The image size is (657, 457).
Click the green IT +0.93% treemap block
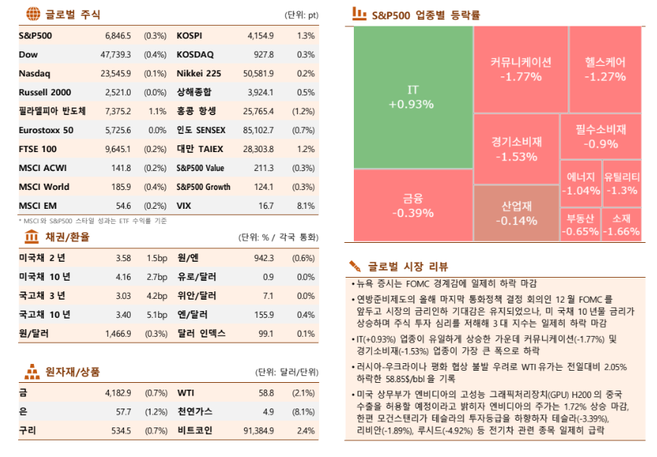point(413,97)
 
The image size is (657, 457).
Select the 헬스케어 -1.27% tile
point(605,69)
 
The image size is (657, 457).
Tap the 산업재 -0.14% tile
point(517,213)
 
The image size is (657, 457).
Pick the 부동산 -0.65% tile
point(581,225)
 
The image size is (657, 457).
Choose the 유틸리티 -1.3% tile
point(622,183)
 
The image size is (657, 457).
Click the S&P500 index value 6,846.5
point(118,36)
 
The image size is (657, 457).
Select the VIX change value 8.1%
point(306,206)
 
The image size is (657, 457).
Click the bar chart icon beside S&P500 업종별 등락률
point(358,14)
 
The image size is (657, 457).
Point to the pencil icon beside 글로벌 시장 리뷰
point(355,266)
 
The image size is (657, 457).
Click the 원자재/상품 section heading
point(73,372)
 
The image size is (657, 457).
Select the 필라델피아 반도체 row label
point(52,111)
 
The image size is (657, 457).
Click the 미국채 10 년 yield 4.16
point(123,276)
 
